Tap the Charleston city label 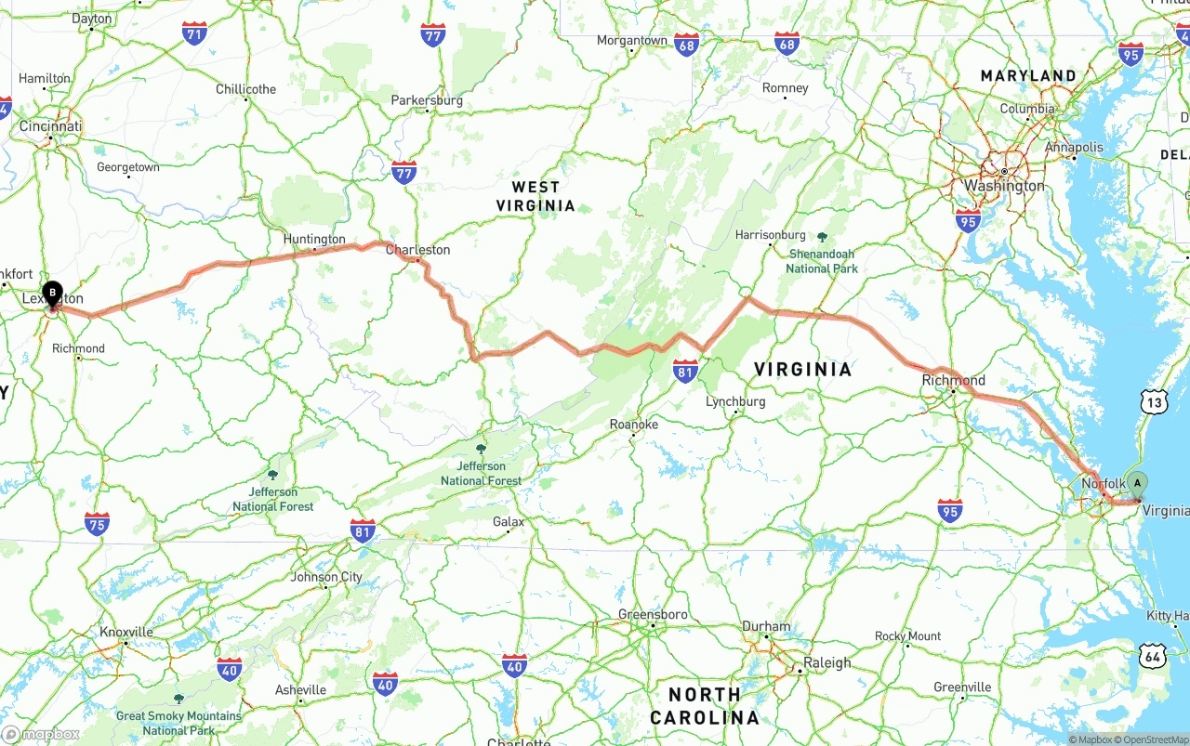pyautogui.click(x=417, y=250)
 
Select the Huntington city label pyautogui.click(x=314, y=240)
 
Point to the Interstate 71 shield pyautogui.click(x=194, y=34)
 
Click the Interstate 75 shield pyautogui.click(x=97, y=523)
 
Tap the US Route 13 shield pyautogui.click(x=1154, y=401)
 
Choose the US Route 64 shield pyautogui.click(x=1154, y=656)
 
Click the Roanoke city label pyautogui.click(x=634, y=425)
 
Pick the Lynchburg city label pyautogui.click(x=735, y=401)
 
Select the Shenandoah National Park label pyautogui.click(x=822, y=260)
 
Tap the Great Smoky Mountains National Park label pyautogui.click(x=178, y=722)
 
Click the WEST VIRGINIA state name pyautogui.click(x=535, y=196)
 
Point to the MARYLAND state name pyautogui.click(x=1028, y=75)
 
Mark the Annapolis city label pyautogui.click(x=1074, y=147)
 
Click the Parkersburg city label pyautogui.click(x=427, y=100)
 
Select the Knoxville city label pyautogui.click(x=126, y=633)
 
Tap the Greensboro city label pyautogui.click(x=653, y=615)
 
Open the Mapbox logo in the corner pyautogui.click(x=42, y=734)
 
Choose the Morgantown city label pyautogui.click(x=632, y=41)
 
